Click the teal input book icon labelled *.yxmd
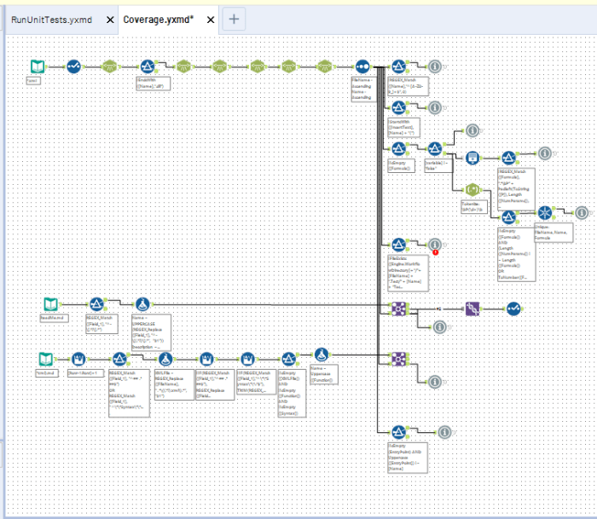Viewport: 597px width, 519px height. pos(36,66)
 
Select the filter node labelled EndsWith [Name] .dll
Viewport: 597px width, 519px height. pos(146,66)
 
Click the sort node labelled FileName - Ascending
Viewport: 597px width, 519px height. pos(362,66)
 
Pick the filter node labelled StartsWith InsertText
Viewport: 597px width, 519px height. pos(398,107)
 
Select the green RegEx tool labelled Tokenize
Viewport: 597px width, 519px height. pos(472,188)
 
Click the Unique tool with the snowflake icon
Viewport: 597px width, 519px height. pos(544,212)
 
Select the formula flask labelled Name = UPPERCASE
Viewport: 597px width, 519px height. pos(142,304)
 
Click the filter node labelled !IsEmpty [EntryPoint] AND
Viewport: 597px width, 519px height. pos(398,432)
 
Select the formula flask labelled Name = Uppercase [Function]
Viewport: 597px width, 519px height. pos(321,355)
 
